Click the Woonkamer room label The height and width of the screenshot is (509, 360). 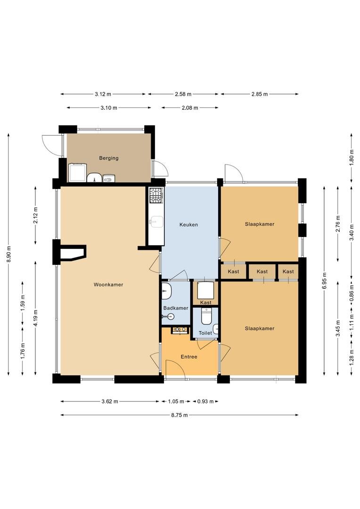pyautogui.click(x=108, y=285)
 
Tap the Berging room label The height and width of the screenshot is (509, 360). pyautogui.click(x=109, y=158)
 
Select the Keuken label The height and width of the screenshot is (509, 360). pyautogui.click(x=188, y=225)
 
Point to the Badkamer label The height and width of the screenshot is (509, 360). pyautogui.click(x=176, y=308)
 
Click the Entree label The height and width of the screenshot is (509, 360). pyautogui.click(x=189, y=357)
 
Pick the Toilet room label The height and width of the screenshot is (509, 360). pyautogui.click(x=205, y=333)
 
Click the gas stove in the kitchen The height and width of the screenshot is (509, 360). pyautogui.click(x=155, y=196)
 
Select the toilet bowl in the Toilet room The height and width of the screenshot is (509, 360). pyautogui.click(x=206, y=316)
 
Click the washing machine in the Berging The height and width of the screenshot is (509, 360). pyautogui.click(x=77, y=172)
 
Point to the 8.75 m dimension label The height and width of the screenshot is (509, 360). pyautogui.click(x=180, y=415)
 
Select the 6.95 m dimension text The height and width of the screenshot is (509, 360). pyautogui.click(x=324, y=281)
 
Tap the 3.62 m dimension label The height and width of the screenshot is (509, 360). pyautogui.click(x=110, y=402)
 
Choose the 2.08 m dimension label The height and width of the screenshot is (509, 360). pyautogui.click(x=190, y=108)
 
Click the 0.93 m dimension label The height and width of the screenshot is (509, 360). pyautogui.click(x=205, y=402)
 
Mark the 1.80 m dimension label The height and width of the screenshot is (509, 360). pyautogui.click(x=351, y=158)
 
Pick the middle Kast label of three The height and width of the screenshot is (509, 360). pyautogui.click(x=262, y=272)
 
